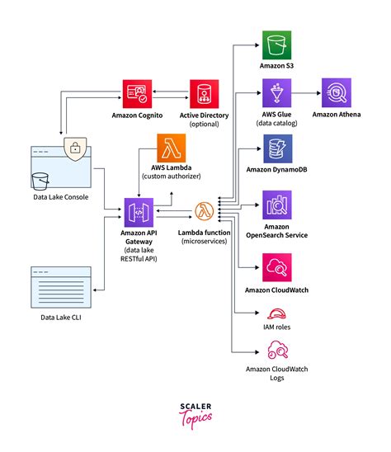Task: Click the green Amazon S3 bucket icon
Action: (x=276, y=43)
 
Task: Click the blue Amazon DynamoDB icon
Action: (x=276, y=149)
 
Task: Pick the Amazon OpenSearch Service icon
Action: (x=276, y=204)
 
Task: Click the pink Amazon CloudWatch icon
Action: (x=276, y=266)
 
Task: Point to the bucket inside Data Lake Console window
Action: (x=40, y=181)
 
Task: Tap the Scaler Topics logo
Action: (x=195, y=413)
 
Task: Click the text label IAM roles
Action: (x=276, y=327)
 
